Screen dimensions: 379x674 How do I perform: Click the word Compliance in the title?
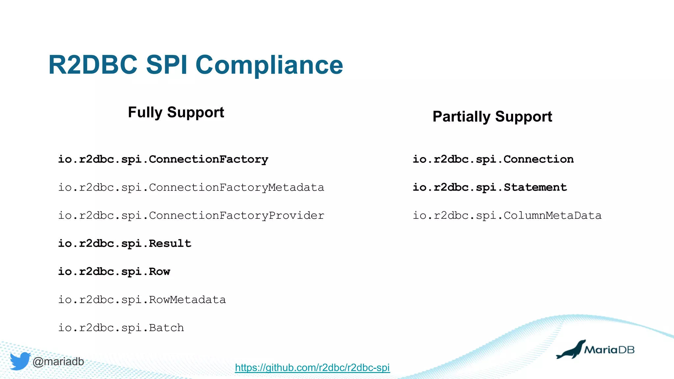[x=269, y=65]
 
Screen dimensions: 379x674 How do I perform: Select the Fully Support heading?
[x=176, y=113]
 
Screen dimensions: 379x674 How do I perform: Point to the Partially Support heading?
[x=492, y=117]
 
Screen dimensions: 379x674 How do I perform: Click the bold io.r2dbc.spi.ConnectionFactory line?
[x=163, y=160]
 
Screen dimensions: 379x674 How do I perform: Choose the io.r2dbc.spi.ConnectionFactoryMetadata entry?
[x=191, y=188]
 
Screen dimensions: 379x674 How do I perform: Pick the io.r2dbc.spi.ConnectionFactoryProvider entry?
[x=191, y=216]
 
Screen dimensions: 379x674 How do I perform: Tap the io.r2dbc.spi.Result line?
[x=124, y=244]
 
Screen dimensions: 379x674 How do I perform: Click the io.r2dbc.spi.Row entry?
[x=114, y=272]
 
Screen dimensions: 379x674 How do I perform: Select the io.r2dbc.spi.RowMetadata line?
[x=142, y=300]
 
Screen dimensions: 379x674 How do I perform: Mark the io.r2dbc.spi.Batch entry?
[x=121, y=328]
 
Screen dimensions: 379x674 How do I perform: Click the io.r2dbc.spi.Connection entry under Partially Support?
[x=493, y=160]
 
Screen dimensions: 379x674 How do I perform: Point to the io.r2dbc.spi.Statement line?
[x=490, y=188]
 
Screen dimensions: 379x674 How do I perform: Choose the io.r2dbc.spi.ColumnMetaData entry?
[x=507, y=216]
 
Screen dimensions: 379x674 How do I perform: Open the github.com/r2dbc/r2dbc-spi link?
[x=312, y=367]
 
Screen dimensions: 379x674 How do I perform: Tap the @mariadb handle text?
[x=58, y=362]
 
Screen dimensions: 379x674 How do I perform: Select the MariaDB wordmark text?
[x=609, y=350]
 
